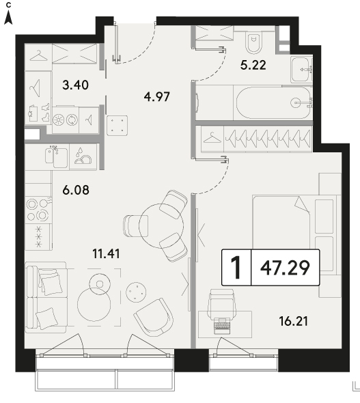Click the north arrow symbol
(8, 18)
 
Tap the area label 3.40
(76, 85)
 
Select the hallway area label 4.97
(156, 97)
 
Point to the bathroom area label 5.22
(253, 65)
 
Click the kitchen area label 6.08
(76, 190)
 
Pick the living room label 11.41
(106, 254)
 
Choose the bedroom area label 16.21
(294, 321)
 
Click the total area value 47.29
(285, 268)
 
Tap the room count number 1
(236, 268)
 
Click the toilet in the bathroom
(254, 42)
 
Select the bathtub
(273, 103)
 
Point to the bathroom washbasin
(301, 69)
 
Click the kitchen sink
(57, 156)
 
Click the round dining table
(161, 225)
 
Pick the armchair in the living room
(154, 318)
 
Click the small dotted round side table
(136, 292)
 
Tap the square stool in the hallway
(117, 126)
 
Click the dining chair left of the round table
(136, 225)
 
